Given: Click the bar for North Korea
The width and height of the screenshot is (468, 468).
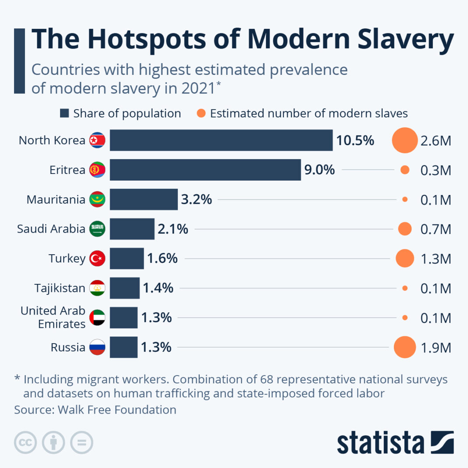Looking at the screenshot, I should pos(221,140).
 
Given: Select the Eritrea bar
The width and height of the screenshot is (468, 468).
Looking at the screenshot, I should pos(205,170).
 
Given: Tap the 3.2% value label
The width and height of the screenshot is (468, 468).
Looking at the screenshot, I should pos(196,200).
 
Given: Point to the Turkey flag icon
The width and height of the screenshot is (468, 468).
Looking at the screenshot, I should pos(97,259).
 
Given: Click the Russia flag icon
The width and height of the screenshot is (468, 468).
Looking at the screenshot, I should pos(97,347).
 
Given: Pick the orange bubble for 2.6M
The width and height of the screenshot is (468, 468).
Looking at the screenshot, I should pos(404,140).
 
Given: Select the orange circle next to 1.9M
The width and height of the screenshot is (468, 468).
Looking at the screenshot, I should pos(404,347).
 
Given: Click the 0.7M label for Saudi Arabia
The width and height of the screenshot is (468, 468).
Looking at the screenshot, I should pos(436,229).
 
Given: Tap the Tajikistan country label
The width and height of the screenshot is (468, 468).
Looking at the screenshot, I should pos(60,288).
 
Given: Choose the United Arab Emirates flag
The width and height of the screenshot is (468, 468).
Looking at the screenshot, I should pos(97,318).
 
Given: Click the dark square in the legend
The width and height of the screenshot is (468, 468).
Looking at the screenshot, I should pos(64,114).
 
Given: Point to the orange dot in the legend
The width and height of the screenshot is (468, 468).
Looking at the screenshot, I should pos(201,114).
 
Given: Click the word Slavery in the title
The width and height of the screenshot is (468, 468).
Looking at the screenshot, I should pos(399,39).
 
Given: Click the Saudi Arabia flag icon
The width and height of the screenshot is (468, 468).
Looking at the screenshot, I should pos(97,229).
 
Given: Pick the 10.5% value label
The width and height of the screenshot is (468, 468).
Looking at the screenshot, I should pos(355,141).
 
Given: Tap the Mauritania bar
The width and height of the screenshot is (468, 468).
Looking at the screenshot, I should pos(144,200).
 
